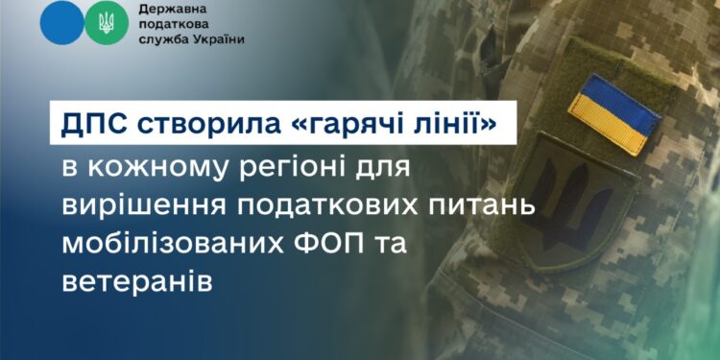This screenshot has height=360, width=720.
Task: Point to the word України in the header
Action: pos(217,40)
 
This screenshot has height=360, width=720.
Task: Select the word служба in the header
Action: pos(163,40)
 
